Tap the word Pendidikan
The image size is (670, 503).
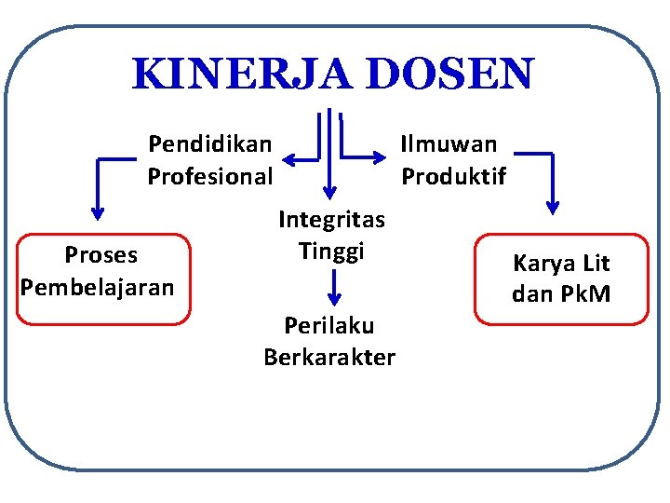210,144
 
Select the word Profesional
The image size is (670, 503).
210,176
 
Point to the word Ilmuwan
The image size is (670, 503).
449,144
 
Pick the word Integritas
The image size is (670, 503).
331,220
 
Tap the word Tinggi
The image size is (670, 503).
331,251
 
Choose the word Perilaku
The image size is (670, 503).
329,326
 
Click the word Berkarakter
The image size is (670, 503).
329,358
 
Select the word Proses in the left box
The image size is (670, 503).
100,255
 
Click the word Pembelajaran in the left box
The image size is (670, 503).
98,286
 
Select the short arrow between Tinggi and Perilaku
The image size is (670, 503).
333,290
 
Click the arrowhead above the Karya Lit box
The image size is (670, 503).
553,205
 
